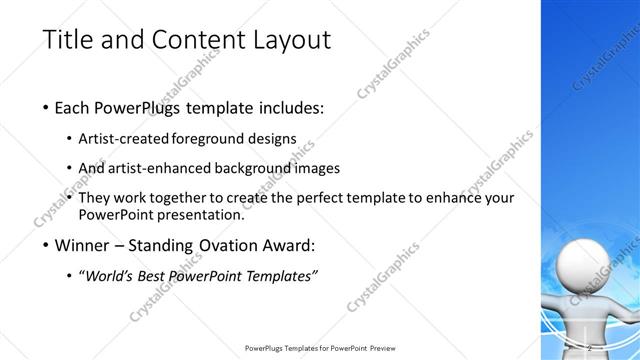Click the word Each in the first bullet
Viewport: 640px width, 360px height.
point(77,108)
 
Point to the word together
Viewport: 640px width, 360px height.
point(195,198)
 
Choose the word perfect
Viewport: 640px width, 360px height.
point(332,198)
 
